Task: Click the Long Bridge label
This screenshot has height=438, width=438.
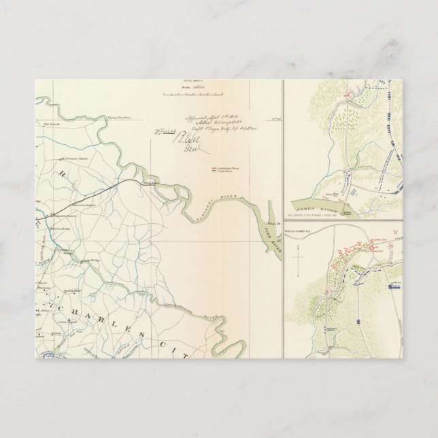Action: (x=91, y=260)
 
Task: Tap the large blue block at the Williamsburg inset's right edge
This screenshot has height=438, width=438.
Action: (x=393, y=287)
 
